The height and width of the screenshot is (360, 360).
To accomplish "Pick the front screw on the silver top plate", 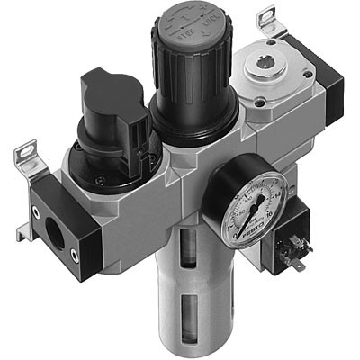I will [x=261, y=115].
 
